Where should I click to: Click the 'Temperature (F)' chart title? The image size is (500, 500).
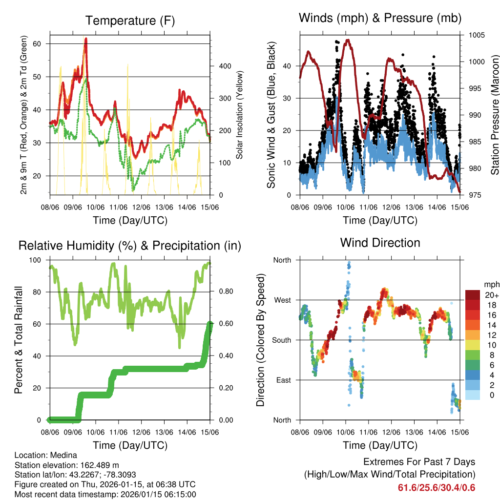coord(129,21)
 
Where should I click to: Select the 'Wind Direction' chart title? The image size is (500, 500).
coord(380,242)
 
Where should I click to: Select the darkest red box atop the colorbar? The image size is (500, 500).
coord(472,295)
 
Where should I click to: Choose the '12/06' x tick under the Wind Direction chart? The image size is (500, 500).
coord(391,432)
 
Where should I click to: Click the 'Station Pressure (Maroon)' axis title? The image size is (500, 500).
coord(494,115)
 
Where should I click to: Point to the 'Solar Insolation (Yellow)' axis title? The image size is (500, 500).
coord(240,115)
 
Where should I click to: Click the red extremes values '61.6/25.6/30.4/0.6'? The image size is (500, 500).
coord(436,488)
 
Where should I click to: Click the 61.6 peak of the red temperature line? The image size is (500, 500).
coord(86,39)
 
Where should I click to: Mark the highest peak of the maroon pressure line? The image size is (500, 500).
coord(347,40)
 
